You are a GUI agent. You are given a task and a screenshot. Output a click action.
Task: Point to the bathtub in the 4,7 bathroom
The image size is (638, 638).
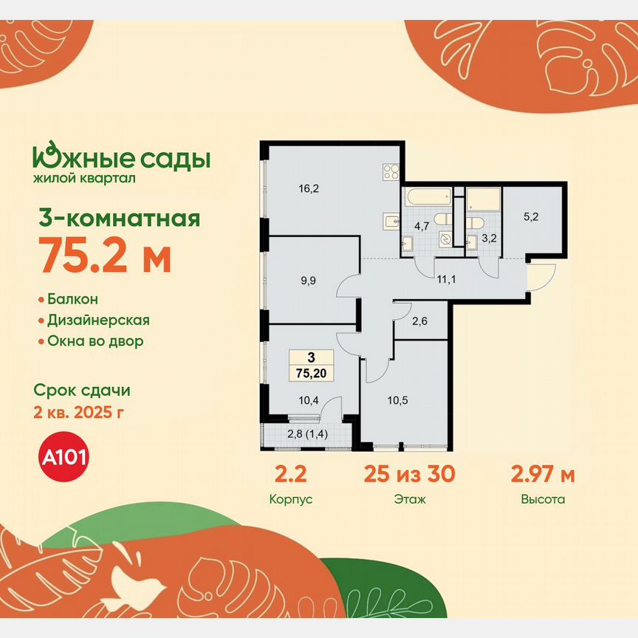428,197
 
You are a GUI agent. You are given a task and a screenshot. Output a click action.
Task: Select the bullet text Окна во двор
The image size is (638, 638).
95,341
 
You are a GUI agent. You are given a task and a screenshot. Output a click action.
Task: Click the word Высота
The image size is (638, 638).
543,499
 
